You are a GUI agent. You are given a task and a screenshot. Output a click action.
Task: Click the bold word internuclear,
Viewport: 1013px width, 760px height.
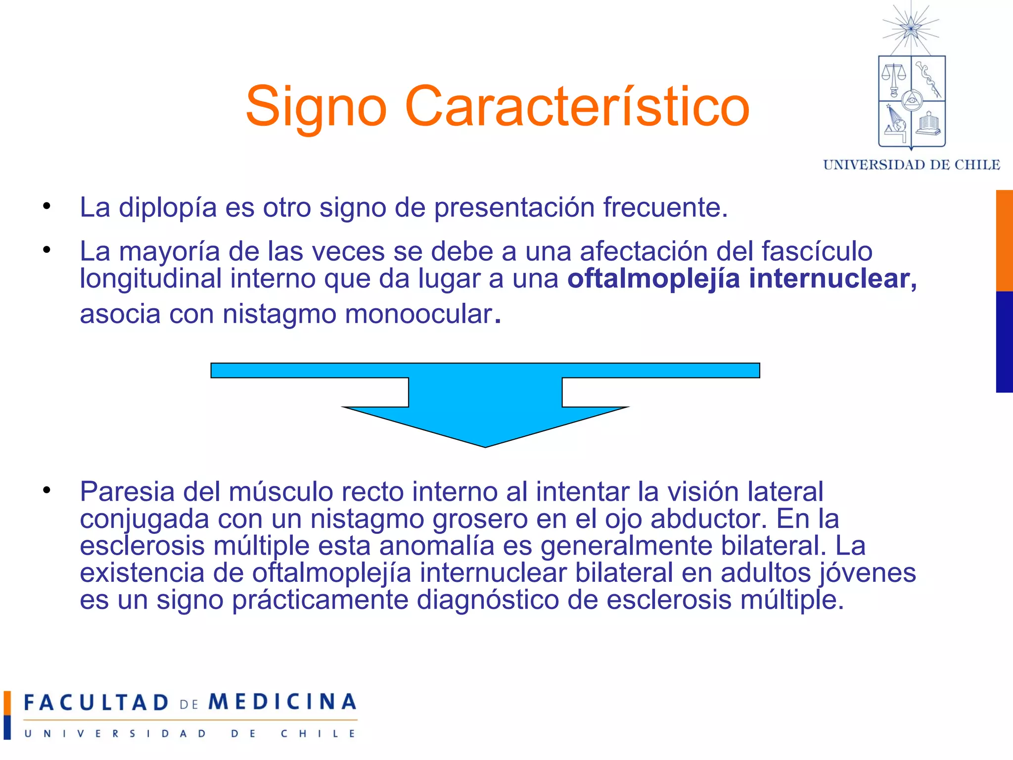[833, 279]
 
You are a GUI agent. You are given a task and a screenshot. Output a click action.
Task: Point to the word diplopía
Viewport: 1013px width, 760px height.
[168, 208]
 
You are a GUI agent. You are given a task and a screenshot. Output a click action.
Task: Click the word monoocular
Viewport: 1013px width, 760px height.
[419, 314]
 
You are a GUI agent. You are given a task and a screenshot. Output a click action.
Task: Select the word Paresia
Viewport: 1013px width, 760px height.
[127, 492]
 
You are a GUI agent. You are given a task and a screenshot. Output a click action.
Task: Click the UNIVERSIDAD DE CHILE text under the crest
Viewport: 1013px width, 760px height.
[911, 165]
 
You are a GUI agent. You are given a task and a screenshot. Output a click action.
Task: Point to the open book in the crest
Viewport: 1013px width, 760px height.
[928, 124]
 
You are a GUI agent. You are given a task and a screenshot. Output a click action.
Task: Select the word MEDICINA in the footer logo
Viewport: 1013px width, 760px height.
[282, 702]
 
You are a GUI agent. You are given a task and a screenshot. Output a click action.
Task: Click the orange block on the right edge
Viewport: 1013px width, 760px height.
[1004, 240]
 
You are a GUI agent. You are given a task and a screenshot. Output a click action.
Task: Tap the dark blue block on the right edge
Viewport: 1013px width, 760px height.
[1004, 342]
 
